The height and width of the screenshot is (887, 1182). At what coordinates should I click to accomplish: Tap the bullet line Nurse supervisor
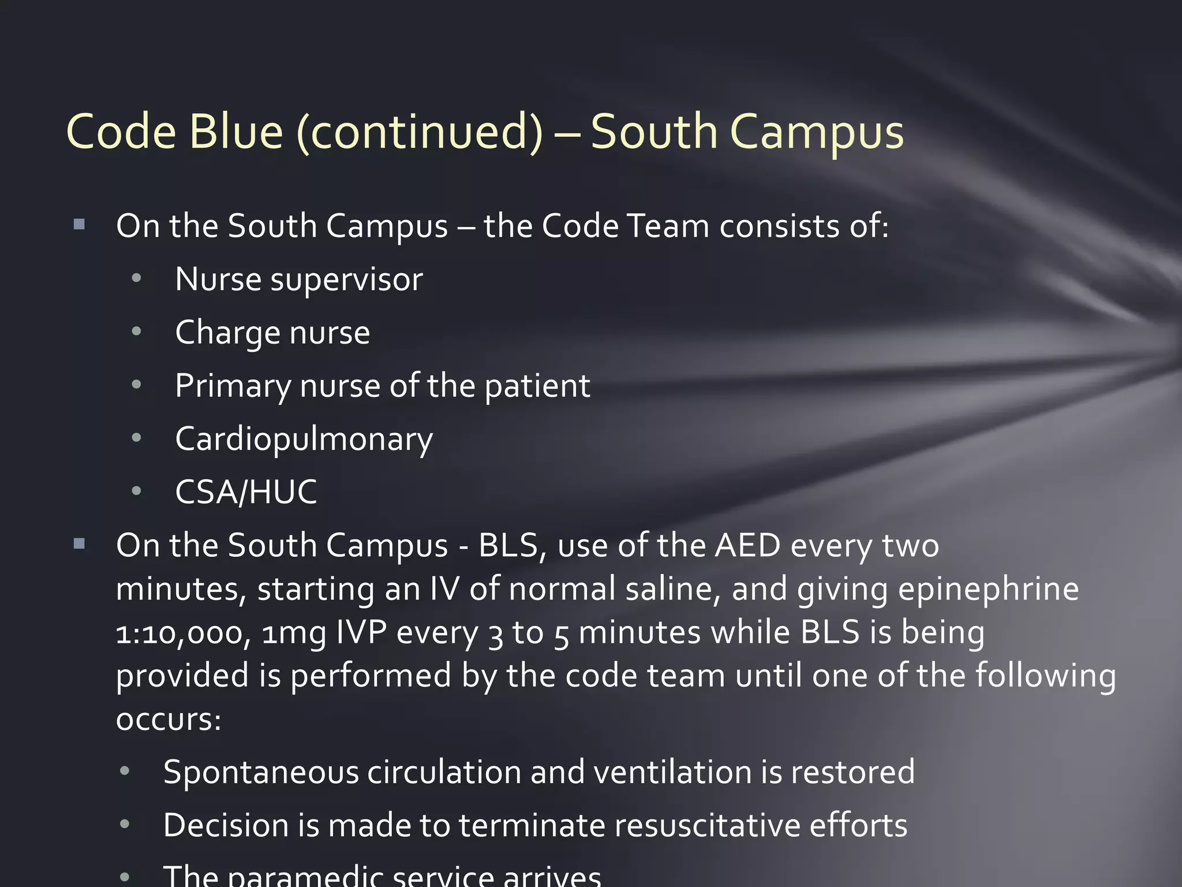(x=298, y=279)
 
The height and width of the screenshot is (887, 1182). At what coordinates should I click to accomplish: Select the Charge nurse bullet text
(x=272, y=333)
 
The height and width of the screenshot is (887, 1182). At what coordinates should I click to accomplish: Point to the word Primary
(x=233, y=386)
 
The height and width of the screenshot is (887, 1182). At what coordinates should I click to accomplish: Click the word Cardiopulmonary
(x=304, y=439)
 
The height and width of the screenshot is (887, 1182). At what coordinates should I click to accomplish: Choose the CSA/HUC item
(x=246, y=492)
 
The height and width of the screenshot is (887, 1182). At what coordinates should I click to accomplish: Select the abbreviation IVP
(x=361, y=632)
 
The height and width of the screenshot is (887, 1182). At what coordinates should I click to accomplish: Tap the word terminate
(x=532, y=825)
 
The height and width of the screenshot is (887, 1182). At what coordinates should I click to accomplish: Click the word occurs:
(x=169, y=720)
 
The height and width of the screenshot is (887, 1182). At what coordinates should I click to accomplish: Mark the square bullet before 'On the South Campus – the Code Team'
(x=80, y=225)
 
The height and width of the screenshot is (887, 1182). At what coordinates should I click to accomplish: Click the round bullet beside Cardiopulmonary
(x=136, y=438)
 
